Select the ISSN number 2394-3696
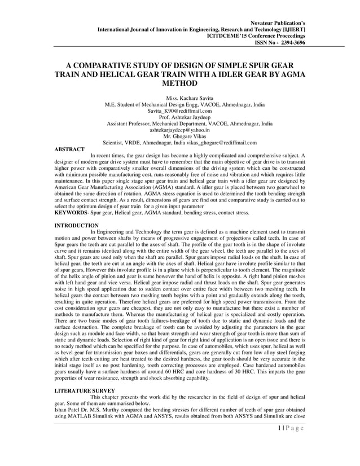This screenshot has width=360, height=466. tap(289, 42)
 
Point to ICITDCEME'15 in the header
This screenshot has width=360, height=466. tap(230, 35)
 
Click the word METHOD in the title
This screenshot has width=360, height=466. tap(179, 83)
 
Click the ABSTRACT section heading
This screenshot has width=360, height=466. tap(69, 149)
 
